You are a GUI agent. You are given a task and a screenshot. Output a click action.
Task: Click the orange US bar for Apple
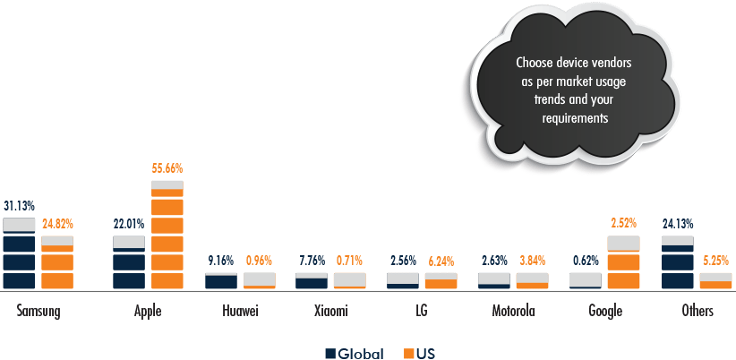(x=167, y=235)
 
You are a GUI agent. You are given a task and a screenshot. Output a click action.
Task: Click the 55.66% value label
(x=167, y=168)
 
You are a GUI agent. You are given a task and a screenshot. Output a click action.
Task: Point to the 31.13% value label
(x=20, y=205)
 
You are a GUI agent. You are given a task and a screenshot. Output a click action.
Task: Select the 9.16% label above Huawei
(x=220, y=261)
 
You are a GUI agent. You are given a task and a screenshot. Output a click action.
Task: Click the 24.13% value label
(x=678, y=223)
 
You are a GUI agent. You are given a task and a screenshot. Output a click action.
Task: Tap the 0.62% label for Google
(x=586, y=261)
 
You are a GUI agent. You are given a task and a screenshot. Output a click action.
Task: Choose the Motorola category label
(x=513, y=312)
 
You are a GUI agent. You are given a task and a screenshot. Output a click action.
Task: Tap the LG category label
(x=422, y=312)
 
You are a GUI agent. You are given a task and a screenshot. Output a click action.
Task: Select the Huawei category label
(x=239, y=312)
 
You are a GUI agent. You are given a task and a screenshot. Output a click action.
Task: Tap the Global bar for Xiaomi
(x=312, y=281)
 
